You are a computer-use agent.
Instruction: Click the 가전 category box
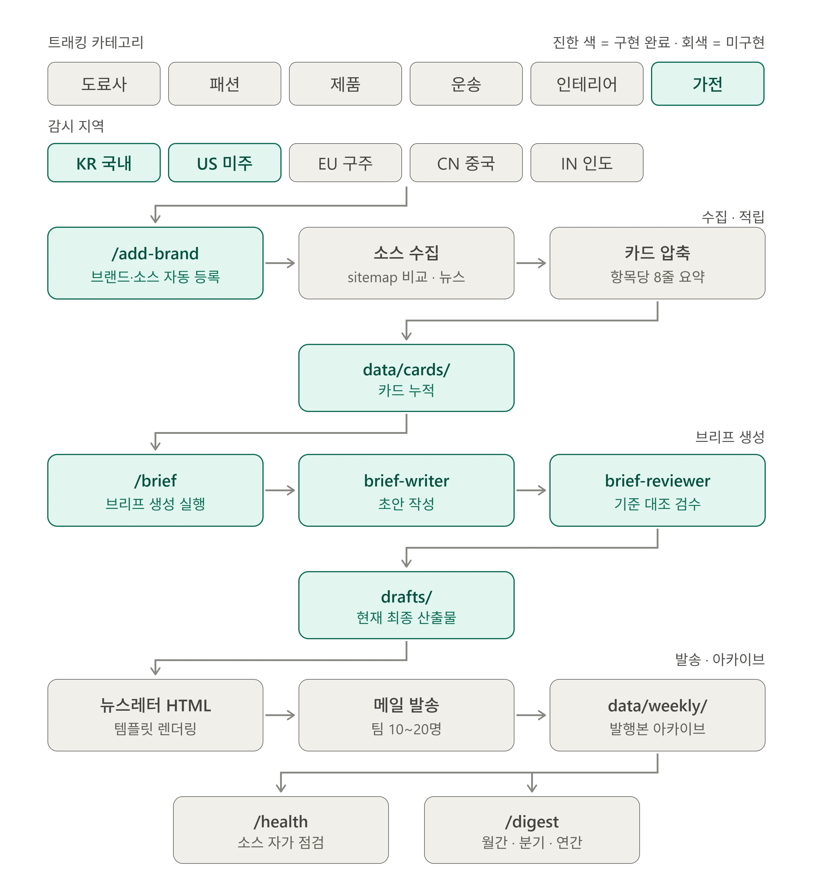[707, 83]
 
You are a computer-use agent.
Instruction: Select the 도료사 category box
[104, 83]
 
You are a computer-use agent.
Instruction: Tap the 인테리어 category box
[587, 83]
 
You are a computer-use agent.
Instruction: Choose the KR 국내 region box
[104, 163]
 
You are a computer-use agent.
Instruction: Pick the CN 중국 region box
[466, 163]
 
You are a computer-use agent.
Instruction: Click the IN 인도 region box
[587, 163]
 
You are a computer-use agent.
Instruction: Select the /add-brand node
[155, 263]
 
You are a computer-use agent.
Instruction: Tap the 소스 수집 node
[406, 263]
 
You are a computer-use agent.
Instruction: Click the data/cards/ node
[406, 378]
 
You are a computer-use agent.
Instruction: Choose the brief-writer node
[406, 490]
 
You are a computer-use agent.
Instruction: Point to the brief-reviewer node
[658, 490]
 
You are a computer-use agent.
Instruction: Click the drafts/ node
[406, 605]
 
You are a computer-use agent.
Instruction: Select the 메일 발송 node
[406, 715]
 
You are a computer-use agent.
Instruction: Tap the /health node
[281, 830]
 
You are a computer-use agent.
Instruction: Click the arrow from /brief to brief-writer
[280, 490]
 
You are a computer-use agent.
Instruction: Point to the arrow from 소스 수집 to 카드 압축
[531, 263]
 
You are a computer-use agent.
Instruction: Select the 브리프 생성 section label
[730, 437]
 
